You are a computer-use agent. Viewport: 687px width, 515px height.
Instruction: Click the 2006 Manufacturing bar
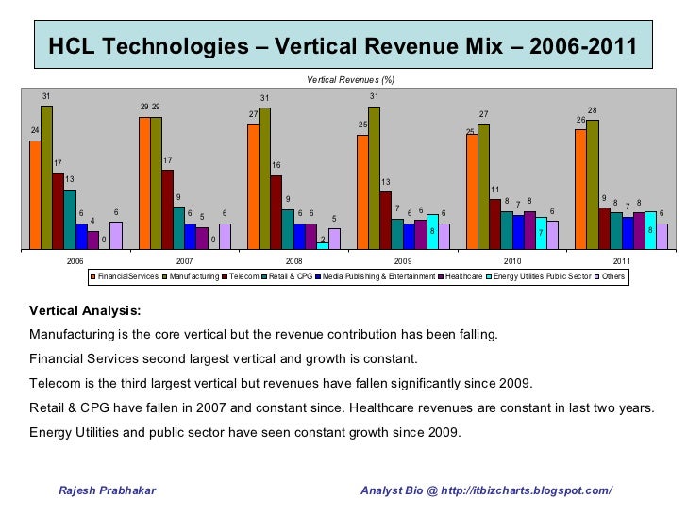pyautogui.click(x=46, y=177)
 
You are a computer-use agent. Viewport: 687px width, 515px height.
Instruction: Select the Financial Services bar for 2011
pyautogui.click(x=580, y=189)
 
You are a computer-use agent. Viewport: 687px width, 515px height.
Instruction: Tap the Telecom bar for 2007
pyautogui.click(x=167, y=209)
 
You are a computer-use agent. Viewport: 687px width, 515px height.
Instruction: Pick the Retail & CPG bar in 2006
pyautogui.click(x=70, y=219)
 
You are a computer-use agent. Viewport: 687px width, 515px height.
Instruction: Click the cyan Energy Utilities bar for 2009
pyautogui.click(x=432, y=232)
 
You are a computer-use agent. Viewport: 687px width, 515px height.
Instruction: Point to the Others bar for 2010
pyautogui.click(x=553, y=235)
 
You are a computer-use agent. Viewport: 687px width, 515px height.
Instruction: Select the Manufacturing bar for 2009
pyautogui.click(x=374, y=177)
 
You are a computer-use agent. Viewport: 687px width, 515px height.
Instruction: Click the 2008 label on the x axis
pyautogui.click(x=294, y=260)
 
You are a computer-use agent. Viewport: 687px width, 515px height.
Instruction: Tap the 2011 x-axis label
pyautogui.click(x=622, y=260)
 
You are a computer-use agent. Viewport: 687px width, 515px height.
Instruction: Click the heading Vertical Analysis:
pyautogui.click(x=85, y=310)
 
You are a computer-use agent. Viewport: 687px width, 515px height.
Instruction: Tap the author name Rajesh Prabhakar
pyautogui.click(x=108, y=490)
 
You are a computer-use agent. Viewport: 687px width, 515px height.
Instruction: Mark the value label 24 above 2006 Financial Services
pyautogui.click(x=35, y=130)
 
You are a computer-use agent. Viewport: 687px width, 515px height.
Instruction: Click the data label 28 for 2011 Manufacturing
pyautogui.click(x=593, y=110)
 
